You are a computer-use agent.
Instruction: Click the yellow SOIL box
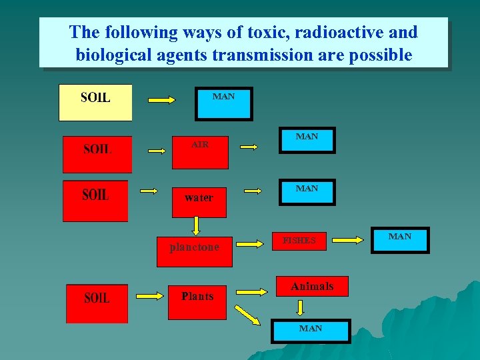pyautogui.click(x=95, y=102)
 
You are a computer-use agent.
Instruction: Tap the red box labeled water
pyautogui.click(x=199, y=198)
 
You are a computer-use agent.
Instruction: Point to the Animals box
pyautogui.click(x=311, y=287)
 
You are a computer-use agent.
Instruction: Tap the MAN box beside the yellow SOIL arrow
pyautogui.click(x=223, y=103)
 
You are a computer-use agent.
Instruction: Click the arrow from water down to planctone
pyautogui.click(x=197, y=227)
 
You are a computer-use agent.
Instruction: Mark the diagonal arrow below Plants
pyautogui.click(x=248, y=316)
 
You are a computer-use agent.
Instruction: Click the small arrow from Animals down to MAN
pyautogui.click(x=301, y=307)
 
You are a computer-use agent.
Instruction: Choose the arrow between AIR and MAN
pyautogui.click(x=250, y=146)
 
